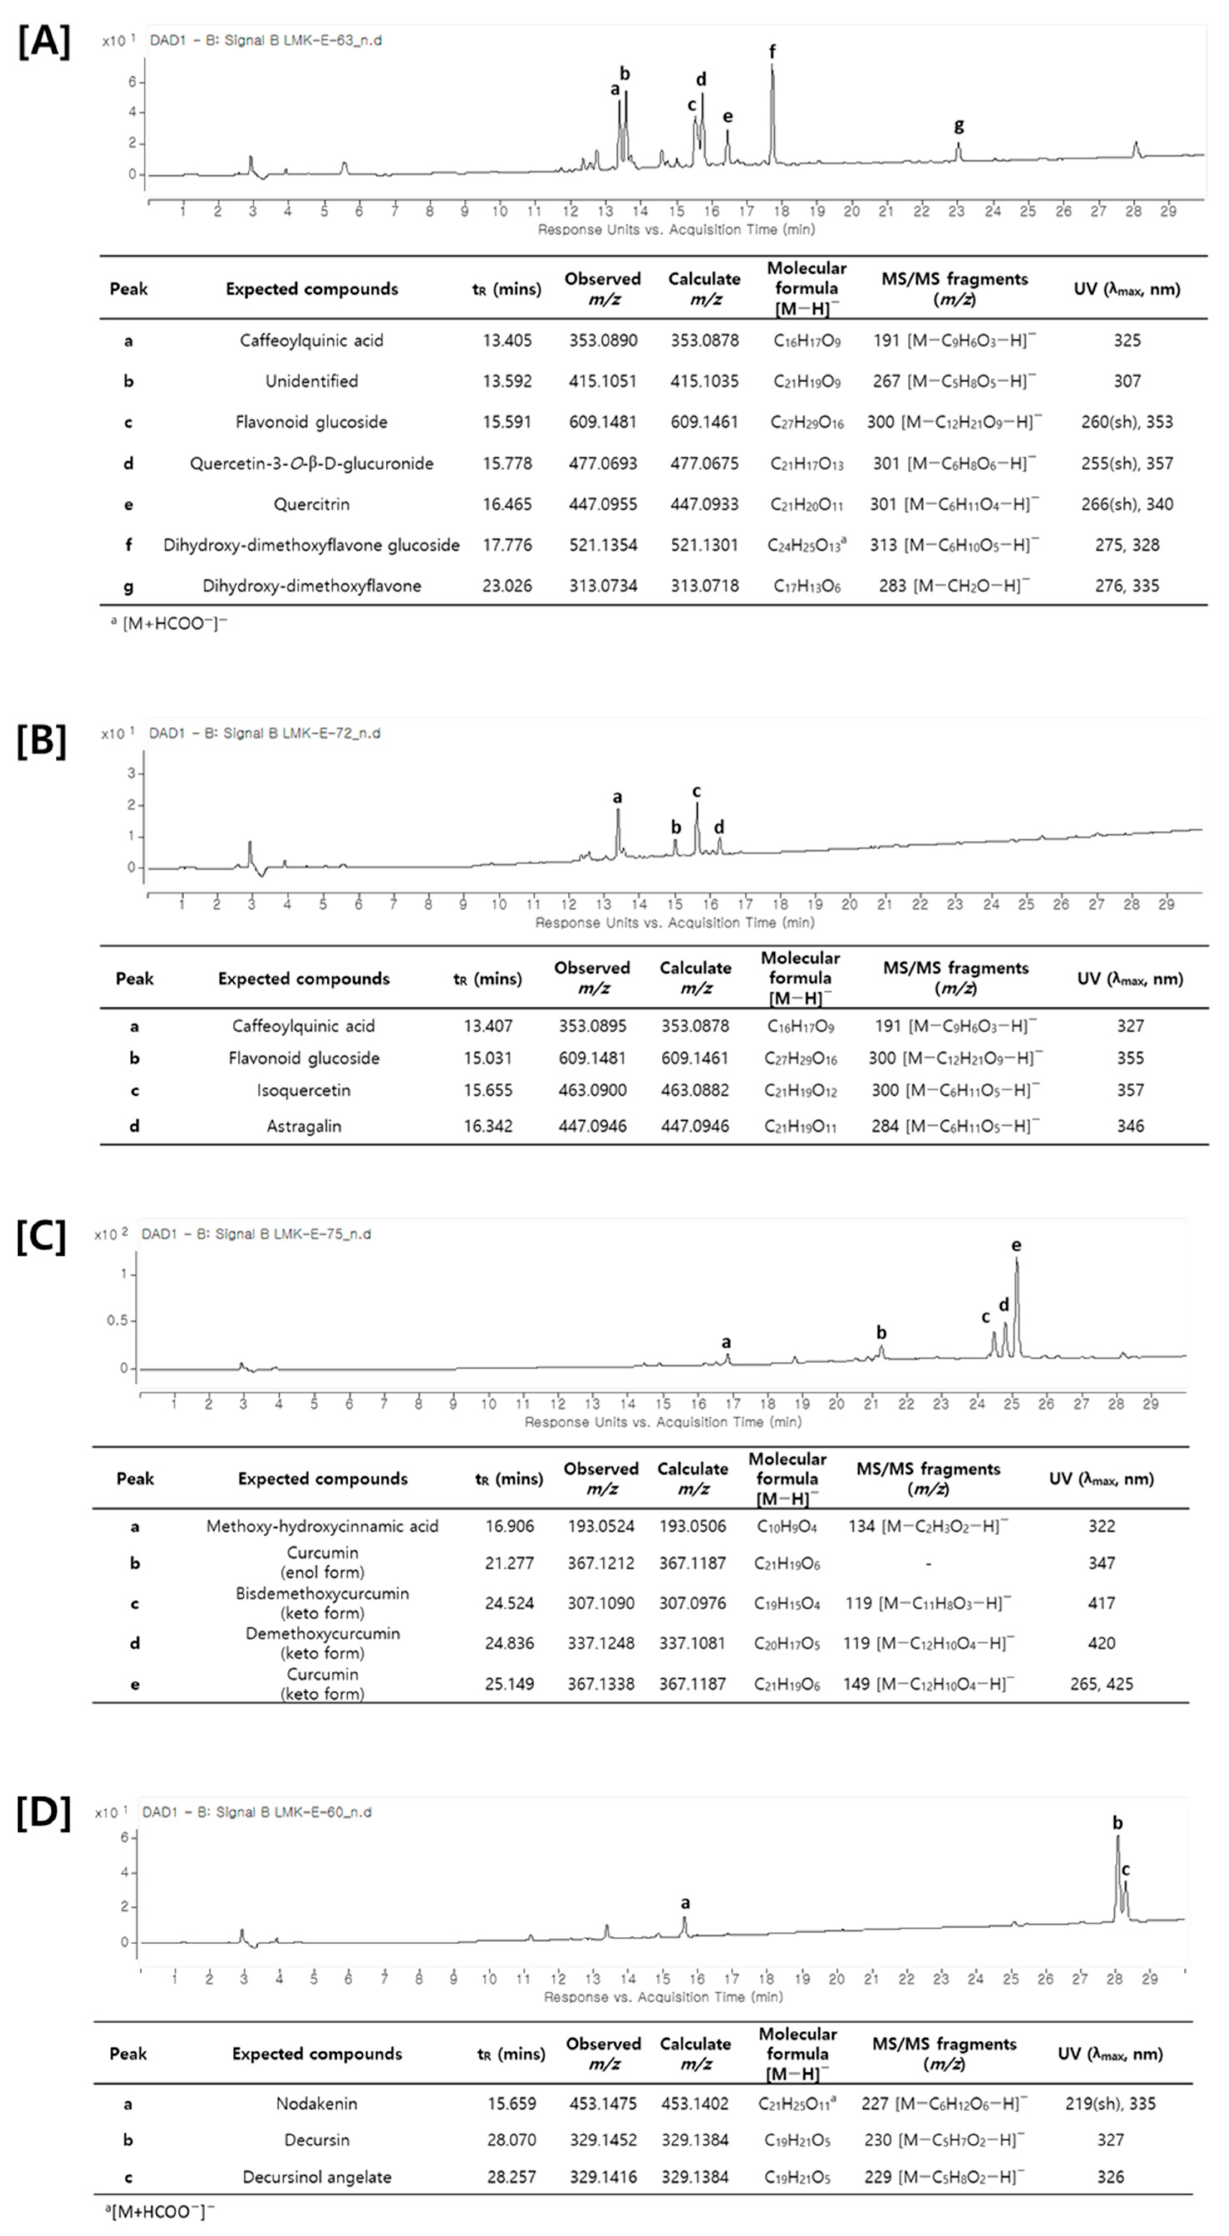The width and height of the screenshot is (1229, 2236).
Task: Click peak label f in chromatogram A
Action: [773, 52]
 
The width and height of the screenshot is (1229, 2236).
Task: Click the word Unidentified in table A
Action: [312, 381]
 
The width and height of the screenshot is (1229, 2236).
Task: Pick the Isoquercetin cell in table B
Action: [304, 1090]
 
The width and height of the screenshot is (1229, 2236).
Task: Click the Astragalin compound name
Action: [304, 1126]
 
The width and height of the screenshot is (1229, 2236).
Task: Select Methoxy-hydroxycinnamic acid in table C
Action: [322, 1526]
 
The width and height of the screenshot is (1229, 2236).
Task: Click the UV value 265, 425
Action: [1101, 1684]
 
